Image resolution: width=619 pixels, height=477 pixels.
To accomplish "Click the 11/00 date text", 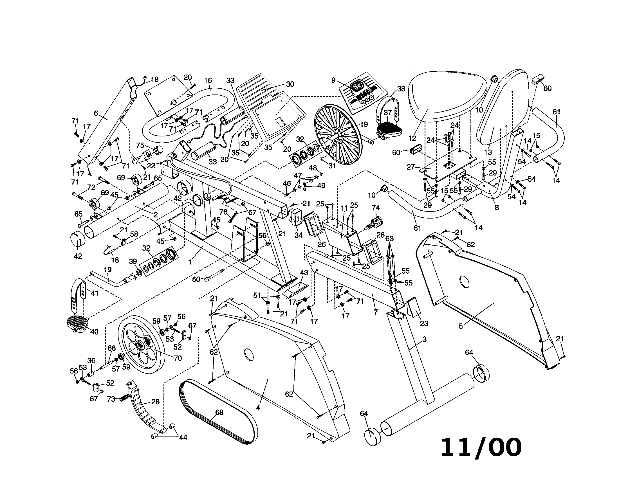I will pos(481,447).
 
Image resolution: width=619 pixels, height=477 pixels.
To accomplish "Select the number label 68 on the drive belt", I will pos(219,412).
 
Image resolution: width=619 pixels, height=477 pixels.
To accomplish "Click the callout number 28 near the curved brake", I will pos(155,402).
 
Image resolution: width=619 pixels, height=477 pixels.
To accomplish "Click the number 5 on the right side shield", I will pos(461,326).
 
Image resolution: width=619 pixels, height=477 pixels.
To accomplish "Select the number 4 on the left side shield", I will pos(258,408).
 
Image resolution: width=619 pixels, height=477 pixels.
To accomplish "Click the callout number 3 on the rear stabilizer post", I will pos(424,339).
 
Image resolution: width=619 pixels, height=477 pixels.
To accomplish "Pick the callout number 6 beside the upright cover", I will pos(96,113).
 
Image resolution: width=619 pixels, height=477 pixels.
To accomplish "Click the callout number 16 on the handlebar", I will pos(208,80).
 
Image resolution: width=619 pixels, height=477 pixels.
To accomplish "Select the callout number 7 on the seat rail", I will pos(376,312).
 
